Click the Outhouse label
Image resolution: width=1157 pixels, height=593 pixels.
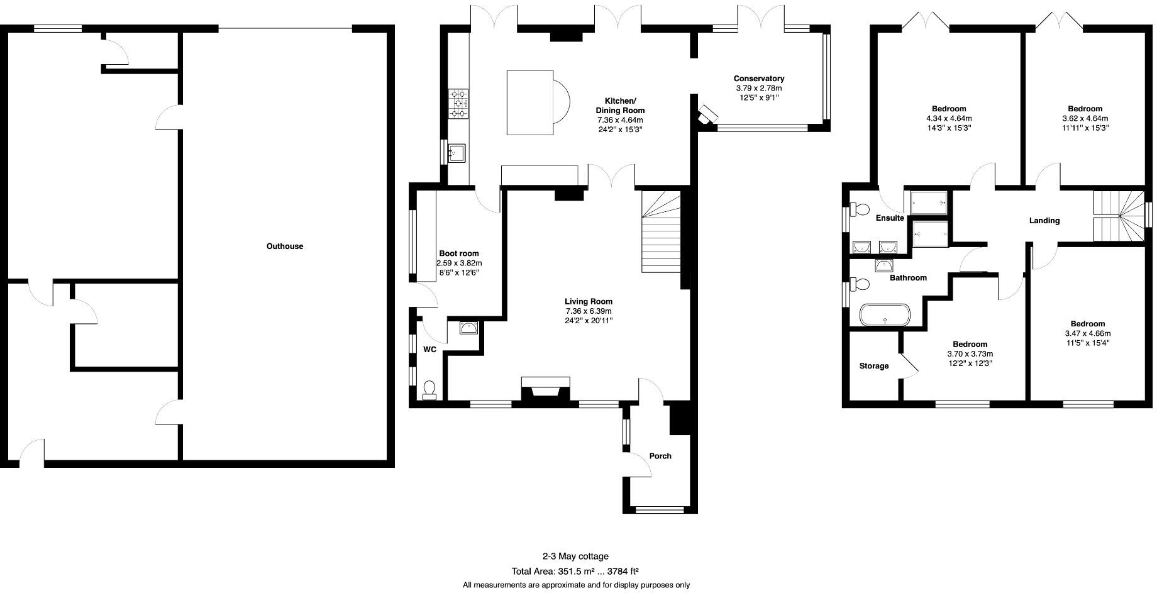pyautogui.click(x=284, y=247)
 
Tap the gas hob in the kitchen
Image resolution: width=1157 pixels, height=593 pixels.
pyautogui.click(x=458, y=104)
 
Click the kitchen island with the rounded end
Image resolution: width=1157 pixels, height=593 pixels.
pyautogui.click(x=534, y=103)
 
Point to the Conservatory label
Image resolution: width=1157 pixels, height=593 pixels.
pyautogui.click(x=758, y=79)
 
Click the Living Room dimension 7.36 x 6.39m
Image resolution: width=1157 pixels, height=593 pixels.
pyautogui.click(x=588, y=311)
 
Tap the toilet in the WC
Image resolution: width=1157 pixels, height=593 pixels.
pyautogui.click(x=429, y=390)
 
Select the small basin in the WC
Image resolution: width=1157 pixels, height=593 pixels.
pyautogui.click(x=468, y=328)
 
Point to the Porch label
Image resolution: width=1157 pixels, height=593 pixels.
pyautogui.click(x=660, y=456)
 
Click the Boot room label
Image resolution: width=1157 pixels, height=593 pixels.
pyautogui.click(x=458, y=253)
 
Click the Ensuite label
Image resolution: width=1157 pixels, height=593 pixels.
pyautogui.click(x=889, y=218)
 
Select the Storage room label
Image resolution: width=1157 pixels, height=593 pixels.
pyautogui.click(x=873, y=366)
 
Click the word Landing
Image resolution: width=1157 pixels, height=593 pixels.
pyautogui.click(x=1044, y=221)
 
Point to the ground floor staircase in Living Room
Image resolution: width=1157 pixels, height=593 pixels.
pyautogui.click(x=661, y=233)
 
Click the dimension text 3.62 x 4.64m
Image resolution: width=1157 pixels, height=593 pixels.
pyautogui.click(x=1085, y=118)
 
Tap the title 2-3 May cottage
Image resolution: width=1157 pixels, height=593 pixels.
pyautogui.click(x=575, y=556)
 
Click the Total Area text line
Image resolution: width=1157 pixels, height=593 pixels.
pyautogui.click(x=575, y=572)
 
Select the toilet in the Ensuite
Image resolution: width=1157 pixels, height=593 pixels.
pyautogui.click(x=860, y=209)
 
